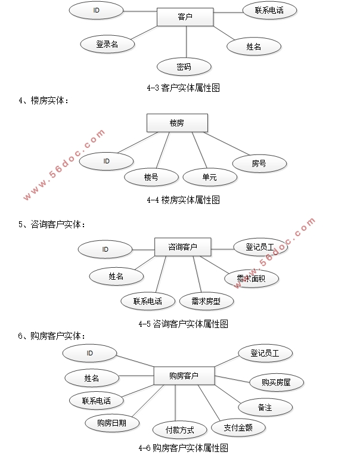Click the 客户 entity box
tap(185, 17)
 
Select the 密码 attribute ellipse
tap(184, 67)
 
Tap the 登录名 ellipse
tap(107, 44)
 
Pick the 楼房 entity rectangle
tap(177, 123)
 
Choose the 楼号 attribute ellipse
tap(151, 177)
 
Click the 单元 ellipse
tap(209, 177)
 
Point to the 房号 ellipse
tap(259, 163)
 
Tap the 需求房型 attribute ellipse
tap(205, 301)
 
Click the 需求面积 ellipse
tap(250, 278)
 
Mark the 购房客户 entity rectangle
tap(184, 376)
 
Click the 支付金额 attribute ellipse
tap(237, 427)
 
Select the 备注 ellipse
tap(265, 407)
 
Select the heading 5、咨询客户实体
tap(52, 225)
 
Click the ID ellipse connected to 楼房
tap(106, 161)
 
